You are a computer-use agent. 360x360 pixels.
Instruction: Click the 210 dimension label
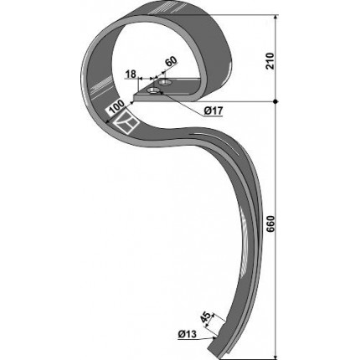pos(270,61)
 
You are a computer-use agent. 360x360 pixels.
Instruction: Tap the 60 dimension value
pos(171,62)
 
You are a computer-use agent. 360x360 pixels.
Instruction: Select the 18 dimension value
pos(131,75)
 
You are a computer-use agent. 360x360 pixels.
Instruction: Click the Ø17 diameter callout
pos(213,111)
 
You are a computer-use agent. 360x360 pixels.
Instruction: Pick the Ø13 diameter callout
pos(188,334)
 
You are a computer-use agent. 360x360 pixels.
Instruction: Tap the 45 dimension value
pos(206,318)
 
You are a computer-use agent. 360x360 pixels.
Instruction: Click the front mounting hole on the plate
pos(153,90)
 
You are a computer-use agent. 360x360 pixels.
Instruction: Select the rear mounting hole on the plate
pos(165,82)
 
